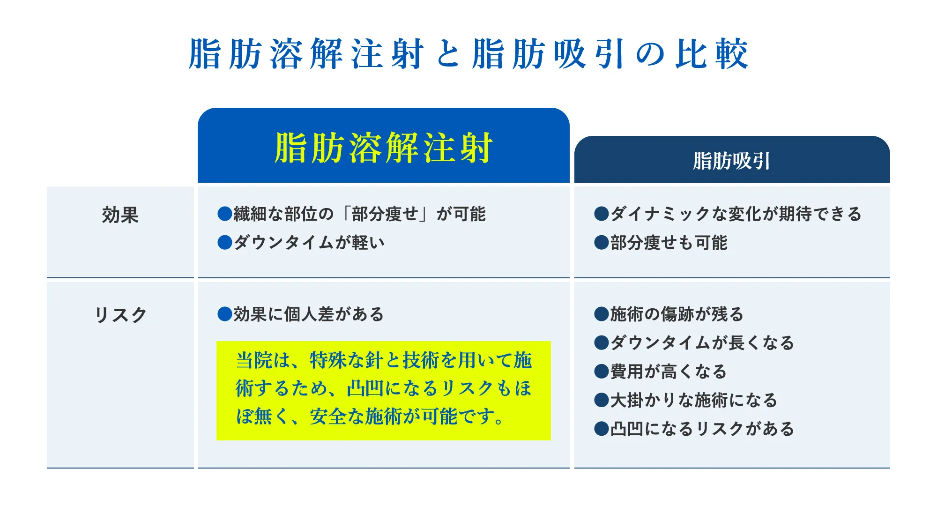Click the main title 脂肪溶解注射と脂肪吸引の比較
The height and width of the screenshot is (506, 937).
click(468, 54)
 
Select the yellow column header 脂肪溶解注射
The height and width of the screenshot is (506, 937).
click(383, 148)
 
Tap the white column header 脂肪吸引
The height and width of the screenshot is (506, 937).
click(732, 161)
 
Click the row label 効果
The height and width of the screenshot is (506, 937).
click(120, 215)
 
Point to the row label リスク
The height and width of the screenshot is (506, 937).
click(120, 315)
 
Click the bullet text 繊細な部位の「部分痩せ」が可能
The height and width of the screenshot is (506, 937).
click(360, 214)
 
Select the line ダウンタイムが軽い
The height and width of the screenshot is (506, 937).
click(309, 243)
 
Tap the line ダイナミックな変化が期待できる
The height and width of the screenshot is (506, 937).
click(736, 214)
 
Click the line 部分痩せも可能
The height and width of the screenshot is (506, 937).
click(669, 243)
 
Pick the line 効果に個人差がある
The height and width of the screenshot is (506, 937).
click(309, 314)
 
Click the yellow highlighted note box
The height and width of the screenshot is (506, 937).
click(384, 391)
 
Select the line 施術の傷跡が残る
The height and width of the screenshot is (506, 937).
click(677, 314)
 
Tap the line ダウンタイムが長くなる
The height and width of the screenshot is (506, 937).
click(702, 343)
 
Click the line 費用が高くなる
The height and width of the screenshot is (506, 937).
click(669, 372)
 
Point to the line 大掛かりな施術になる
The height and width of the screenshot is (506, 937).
click(694, 400)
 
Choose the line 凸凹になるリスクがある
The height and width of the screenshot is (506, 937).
click(702, 429)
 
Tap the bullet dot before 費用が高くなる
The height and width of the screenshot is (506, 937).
click(602, 372)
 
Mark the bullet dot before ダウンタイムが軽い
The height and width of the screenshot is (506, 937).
click(225, 243)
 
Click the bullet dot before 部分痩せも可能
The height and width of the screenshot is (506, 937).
click(602, 243)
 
